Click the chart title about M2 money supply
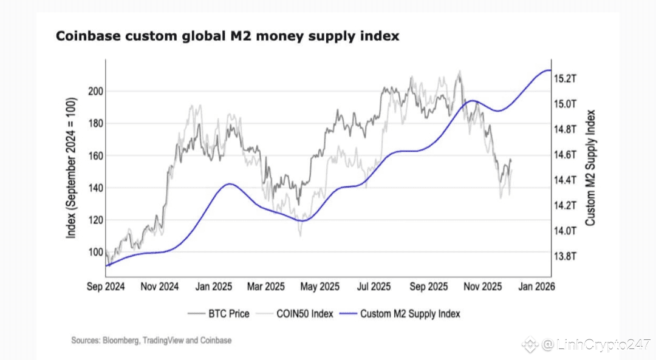227,36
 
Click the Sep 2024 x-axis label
106,287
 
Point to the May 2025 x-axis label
320,287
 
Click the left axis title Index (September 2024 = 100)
72,167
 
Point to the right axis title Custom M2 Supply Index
590,168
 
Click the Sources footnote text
151,341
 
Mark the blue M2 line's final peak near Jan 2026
547,70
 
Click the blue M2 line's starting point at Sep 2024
106,265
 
